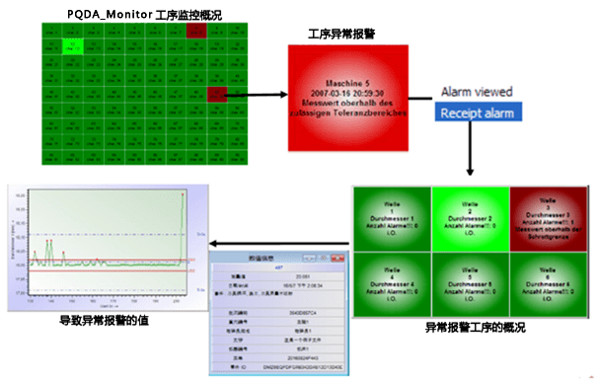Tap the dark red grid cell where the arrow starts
(x=218, y=96)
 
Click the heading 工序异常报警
(x=341, y=33)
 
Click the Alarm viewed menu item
(x=477, y=92)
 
